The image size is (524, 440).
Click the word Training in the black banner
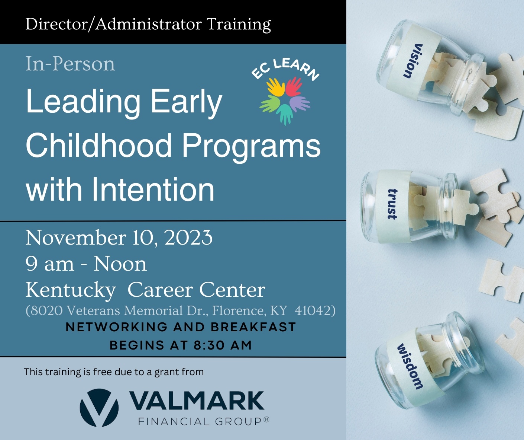[x=239, y=25]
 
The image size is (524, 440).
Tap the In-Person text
[x=70, y=64]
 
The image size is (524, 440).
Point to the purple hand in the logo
[x=299, y=103]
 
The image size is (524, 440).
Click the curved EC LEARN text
[x=285, y=68]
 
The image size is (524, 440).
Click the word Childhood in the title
[x=98, y=146]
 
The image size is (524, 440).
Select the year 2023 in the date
[x=188, y=238]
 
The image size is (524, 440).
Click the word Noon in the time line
[x=120, y=264]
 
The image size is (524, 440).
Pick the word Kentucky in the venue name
[x=71, y=290]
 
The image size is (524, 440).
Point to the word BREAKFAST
[x=253, y=327]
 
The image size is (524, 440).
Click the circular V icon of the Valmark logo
[x=99, y=407]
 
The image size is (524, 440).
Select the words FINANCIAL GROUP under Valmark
[x=200, y=422]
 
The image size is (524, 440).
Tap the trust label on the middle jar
[x=392, y=204]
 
